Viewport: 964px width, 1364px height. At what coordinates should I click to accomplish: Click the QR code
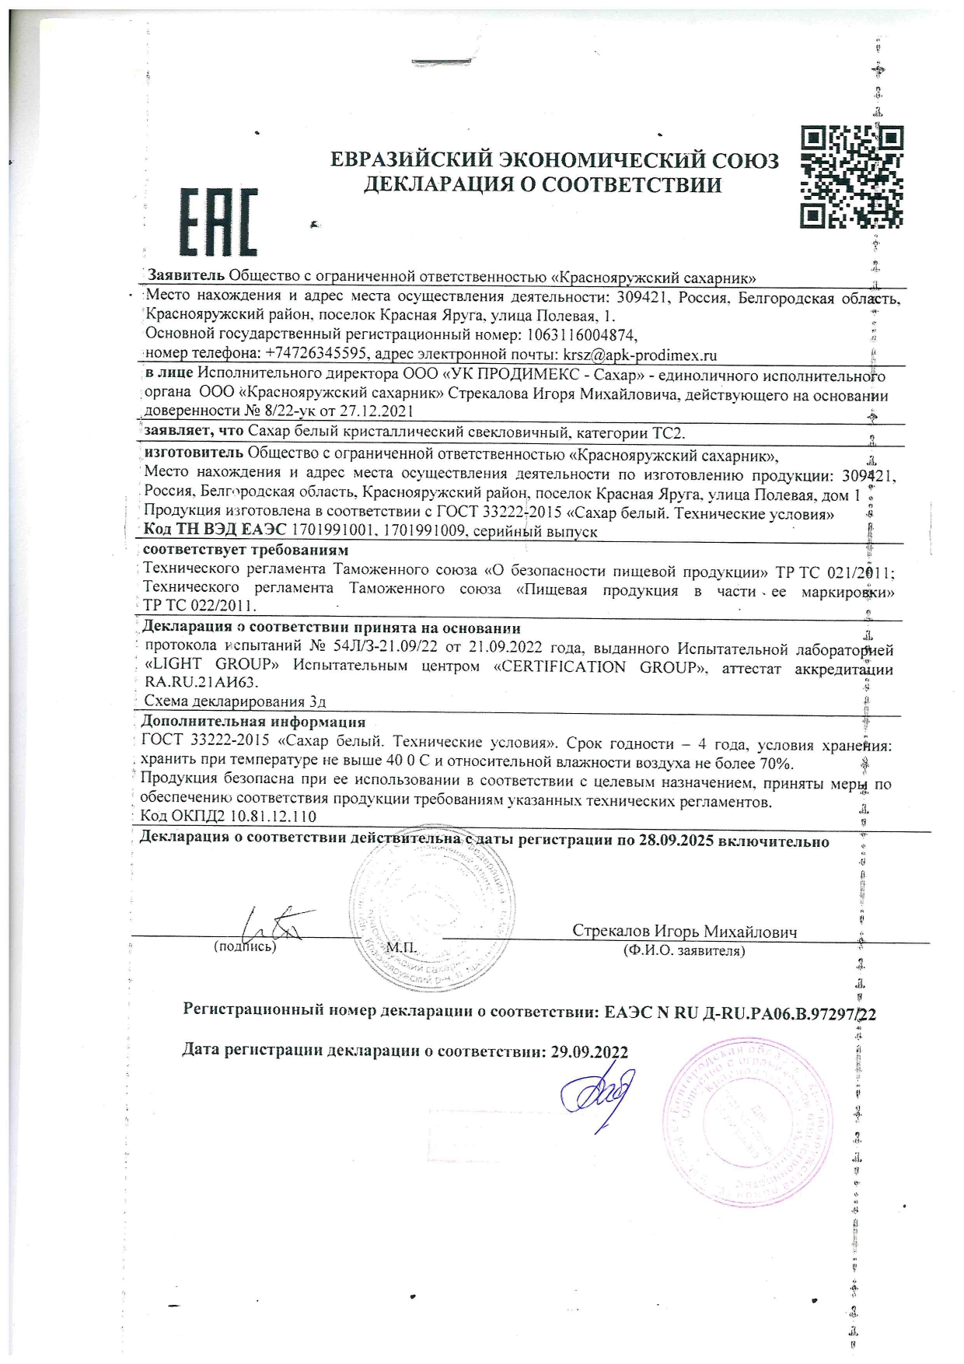click(852, 177)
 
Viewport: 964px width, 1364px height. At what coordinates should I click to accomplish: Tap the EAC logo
click(218, 222)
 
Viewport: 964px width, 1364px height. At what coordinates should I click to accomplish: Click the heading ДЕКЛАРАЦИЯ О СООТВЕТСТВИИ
click(543, 185)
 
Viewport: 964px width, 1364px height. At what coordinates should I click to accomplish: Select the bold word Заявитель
click(187, 276)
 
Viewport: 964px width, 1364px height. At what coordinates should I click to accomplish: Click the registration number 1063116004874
click(582, 335)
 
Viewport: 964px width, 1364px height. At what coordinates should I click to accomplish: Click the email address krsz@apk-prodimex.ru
click(640, 355)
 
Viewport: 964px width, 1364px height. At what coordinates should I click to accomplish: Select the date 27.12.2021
click(376, 411)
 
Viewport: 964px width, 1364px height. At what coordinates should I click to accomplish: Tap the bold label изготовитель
click(194, 453)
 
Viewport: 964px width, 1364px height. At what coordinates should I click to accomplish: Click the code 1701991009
click(429, 532)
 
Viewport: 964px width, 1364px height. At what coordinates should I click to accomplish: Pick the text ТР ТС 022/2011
click(199, 605)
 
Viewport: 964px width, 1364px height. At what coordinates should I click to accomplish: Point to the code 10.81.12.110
click(264, 817)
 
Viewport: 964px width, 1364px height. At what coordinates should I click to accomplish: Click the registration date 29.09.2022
click(589, 1052)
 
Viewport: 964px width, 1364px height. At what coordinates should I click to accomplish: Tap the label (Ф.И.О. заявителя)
click(684, 950)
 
